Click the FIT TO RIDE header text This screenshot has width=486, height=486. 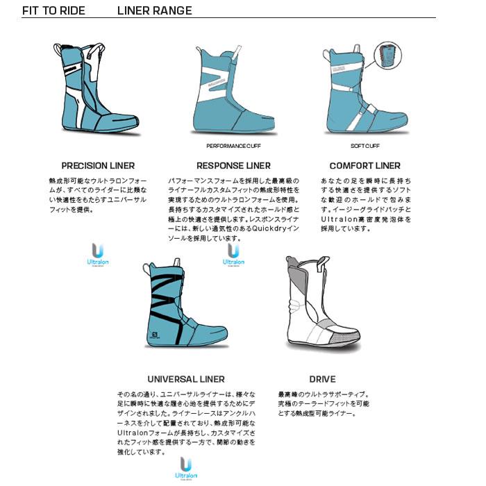tap(54, 11)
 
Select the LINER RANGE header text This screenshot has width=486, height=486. tap(155, 11)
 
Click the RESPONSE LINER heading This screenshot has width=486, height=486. tap(233, 166)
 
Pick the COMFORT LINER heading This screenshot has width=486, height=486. tap(364, 166)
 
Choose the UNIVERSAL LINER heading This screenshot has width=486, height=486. tap(186, 379)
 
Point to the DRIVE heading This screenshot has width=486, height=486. tap(322, 379)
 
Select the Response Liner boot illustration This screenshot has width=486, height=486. tap(229, 94)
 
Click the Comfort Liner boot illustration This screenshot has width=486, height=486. tap(358, 94)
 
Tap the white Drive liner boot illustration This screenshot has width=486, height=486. tap(319, 305)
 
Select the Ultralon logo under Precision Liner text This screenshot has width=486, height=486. tap(98, 255)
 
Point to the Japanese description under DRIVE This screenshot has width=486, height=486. tap(323, 403)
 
